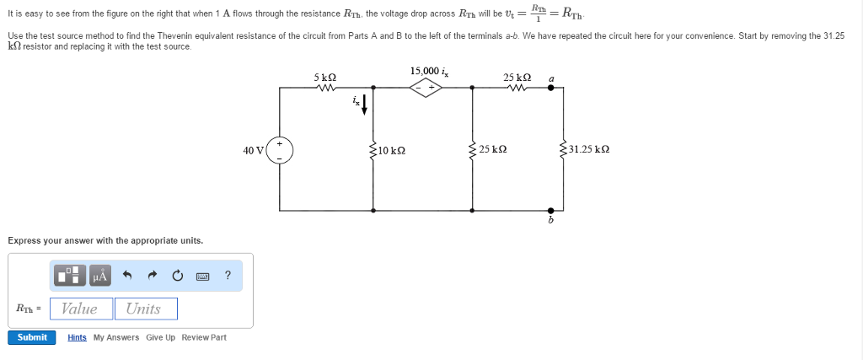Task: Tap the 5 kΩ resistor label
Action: coord(324,77)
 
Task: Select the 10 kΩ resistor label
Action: coord(392,150)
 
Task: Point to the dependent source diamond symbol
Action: coord(427,87)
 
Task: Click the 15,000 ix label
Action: coord(429,71)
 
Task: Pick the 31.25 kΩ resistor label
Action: coord(589,150)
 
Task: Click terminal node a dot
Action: coord(551,87)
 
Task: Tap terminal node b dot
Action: coord(551,210)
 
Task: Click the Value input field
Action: coord(81,309)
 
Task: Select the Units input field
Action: coord(145,309)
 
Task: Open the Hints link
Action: coord(77,337)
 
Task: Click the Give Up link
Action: coord(160,337)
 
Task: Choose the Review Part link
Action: coord(204,337)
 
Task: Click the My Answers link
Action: coord(116,337)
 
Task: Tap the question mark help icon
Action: coord(228,275)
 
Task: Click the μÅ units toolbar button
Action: coord(100,275)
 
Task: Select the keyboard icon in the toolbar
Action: coord(203,276)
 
